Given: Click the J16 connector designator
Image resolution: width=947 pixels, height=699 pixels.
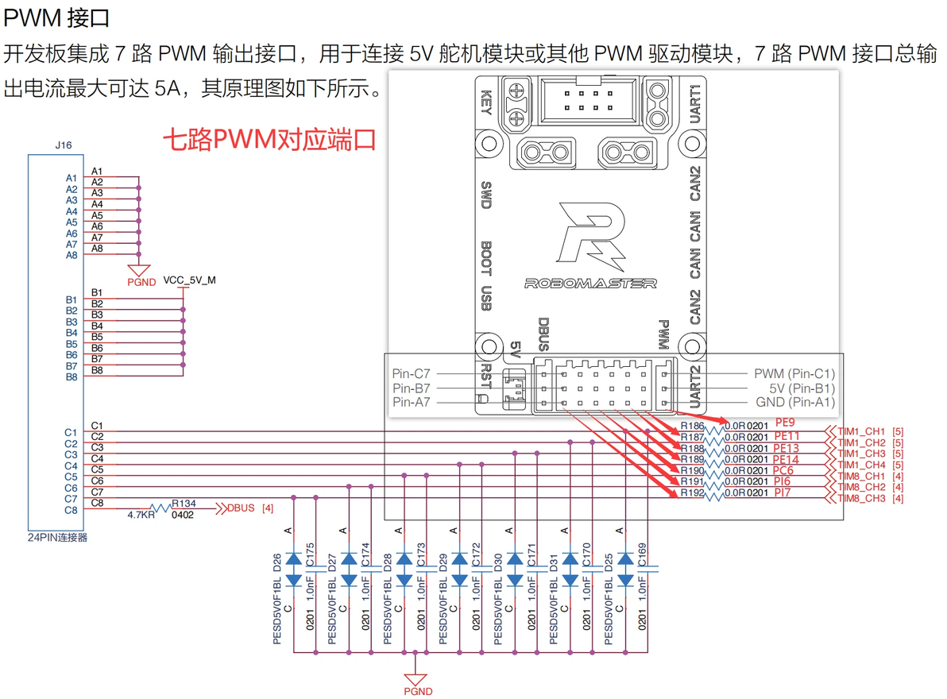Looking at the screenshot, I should click(64, 145).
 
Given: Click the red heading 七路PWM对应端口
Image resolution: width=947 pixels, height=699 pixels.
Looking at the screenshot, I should click(269, 141).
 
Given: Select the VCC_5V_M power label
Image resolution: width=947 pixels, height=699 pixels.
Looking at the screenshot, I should click(189, 280).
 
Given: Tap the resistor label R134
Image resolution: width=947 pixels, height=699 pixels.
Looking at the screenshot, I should click(184, 504).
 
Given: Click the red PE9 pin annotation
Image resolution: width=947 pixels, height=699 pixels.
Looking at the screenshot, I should click(784, 423).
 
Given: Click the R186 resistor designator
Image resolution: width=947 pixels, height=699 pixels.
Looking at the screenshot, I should click(692, 427).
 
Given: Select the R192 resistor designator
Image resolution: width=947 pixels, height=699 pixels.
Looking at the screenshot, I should click(692, 492).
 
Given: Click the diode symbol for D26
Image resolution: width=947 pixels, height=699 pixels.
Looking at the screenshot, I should click(294, 566).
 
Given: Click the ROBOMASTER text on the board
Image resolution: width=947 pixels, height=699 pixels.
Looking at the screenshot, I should click(590, 283).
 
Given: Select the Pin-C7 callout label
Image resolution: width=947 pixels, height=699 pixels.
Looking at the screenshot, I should click(411, 373).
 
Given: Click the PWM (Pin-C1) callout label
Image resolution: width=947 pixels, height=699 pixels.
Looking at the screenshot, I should click(794, 373).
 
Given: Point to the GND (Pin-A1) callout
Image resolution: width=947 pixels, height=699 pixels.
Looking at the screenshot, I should click(795, 403).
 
